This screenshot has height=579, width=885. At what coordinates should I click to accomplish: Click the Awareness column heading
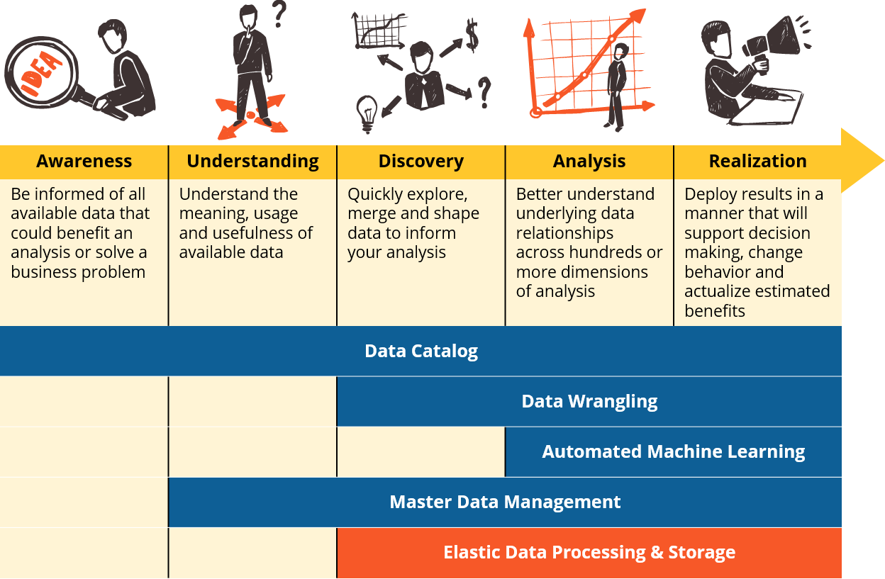(84, 161)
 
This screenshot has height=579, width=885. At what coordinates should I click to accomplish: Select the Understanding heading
(253, 162)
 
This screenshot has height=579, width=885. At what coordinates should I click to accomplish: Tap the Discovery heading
(421, 162)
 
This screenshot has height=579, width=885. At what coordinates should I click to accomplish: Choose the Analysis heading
(589, 162)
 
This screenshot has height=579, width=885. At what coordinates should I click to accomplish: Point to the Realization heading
(758, 161)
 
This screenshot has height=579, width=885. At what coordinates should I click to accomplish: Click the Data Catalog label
(421, 351)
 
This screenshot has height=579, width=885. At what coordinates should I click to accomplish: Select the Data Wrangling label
(589, 402)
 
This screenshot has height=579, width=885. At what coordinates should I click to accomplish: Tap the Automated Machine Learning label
(673, 452)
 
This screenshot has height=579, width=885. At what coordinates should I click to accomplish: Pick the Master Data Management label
(505, 502)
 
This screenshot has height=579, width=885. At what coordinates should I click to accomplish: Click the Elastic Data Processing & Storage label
(589, 552)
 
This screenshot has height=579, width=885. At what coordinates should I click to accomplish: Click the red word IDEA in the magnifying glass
(41, 74)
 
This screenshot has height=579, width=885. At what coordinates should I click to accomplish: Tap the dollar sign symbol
(472, 35)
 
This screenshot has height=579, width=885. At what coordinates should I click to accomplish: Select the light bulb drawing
(367, 114)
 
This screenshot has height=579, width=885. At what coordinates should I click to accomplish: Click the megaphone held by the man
(774, 43)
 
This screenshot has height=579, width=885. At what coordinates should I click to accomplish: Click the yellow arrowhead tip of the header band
(884, 161)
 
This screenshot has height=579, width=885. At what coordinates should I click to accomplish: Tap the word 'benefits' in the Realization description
(715, 311)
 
